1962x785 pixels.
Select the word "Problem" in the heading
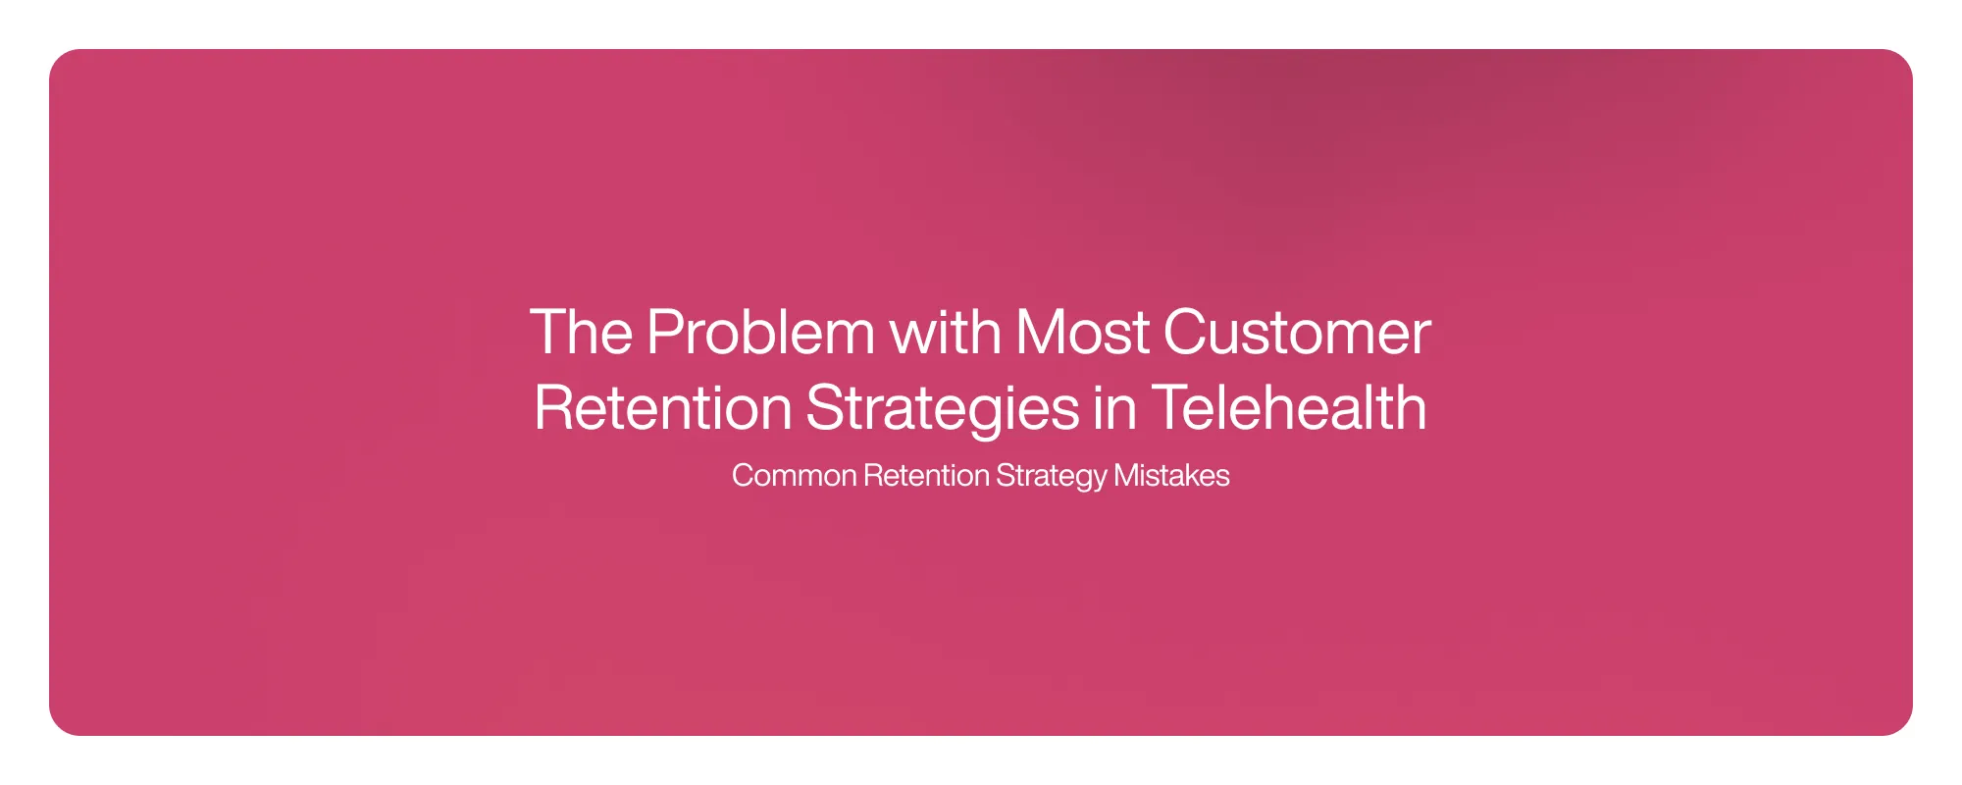click(x=760, y=333)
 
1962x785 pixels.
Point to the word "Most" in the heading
click(x=1082, y=333)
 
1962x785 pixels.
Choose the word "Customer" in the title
click(x=1297, y=333)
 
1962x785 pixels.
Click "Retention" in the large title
click(x=663, y=407)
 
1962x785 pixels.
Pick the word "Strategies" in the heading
click(x=943, y=409)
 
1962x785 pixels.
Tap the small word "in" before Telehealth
click(x=1114, y=407)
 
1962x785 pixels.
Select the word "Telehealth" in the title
click(x=1289, y=407)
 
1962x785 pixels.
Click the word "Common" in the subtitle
click(x=795, y=476)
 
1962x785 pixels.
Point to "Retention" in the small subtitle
click(x=927, y=476)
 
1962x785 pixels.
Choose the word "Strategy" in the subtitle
click(x=1052, y=477)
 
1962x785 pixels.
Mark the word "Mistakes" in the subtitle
click(x=1171, y=476)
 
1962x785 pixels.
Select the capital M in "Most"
click(x=1040, y=333)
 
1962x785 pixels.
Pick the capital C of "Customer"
click(x=1188, y=333)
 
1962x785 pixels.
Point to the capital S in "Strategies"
click(x=827, y=407)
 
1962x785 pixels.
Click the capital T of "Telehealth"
click(x=1171, y=407)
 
